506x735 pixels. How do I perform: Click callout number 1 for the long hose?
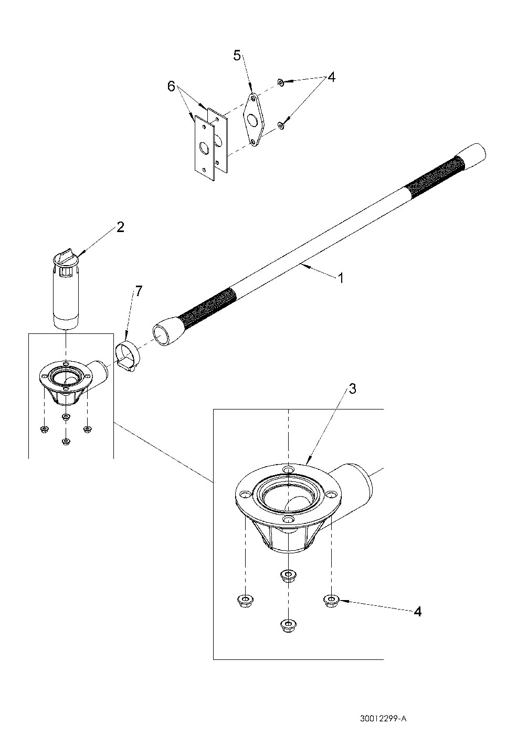pos(341,277)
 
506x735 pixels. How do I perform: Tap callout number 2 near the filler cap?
pos(120,227)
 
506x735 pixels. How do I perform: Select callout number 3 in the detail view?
pos(353,389)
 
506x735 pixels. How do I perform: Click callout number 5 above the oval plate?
pos(237,55)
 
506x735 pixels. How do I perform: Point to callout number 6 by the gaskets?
pos(171,87)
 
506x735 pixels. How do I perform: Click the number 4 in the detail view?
pos(417,611)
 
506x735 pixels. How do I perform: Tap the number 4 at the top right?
pos(331,77)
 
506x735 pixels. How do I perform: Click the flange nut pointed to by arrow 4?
pos(330,601)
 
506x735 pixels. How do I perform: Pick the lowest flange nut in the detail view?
pos(287,626)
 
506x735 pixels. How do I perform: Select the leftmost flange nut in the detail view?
pos(244,601)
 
